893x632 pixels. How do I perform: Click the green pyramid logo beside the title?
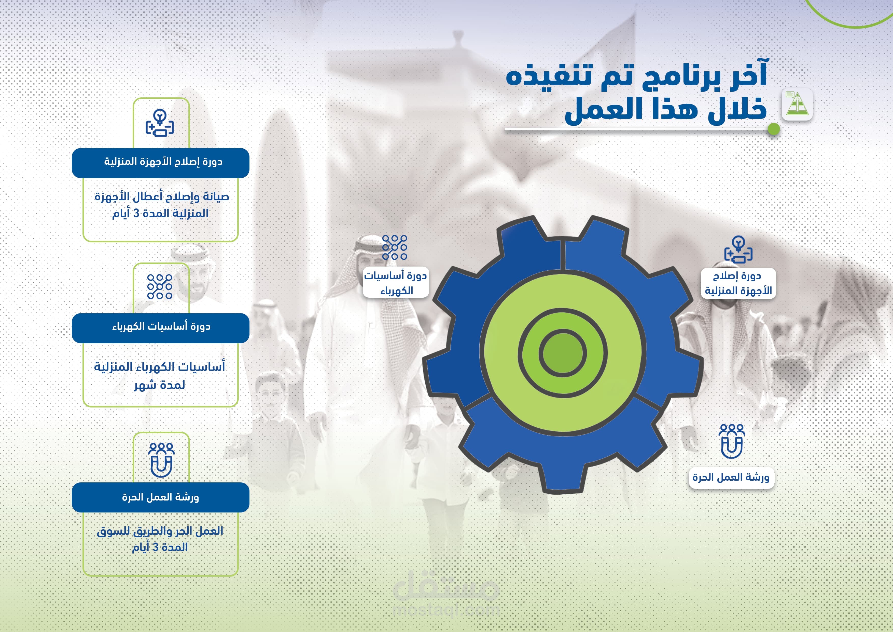pos(797,104)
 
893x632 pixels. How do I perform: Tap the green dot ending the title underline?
pos(774,129)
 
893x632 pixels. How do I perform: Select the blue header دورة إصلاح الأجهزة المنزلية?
pos(161,163)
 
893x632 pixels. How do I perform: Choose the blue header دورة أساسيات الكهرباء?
pos(161,328)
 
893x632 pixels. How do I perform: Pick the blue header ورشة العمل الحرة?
pos(161,497)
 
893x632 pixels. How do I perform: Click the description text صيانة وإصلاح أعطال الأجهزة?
pos(162,197)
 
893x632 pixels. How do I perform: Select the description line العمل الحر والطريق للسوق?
pos(160,531)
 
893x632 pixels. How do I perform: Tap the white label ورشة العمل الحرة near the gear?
pos(731,478)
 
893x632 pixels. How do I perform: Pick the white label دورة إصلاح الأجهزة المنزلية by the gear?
pos(738,283)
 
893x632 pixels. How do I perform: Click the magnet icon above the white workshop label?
pos(732,441)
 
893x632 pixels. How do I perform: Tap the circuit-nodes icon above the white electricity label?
pos(394,247)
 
